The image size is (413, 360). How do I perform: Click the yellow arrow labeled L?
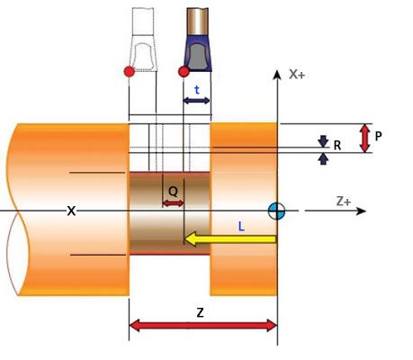pos(230,239)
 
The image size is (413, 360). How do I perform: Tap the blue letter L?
pos(241,227)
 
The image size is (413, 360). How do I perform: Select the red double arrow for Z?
pos(202,326)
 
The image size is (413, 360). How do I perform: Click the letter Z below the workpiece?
pos(200,313)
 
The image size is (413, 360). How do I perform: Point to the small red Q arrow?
pos(173,203)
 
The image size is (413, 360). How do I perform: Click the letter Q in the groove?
pos(173,191)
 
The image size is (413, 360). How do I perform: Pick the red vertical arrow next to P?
pos(364,139)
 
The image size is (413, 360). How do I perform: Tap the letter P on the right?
pos(378,136)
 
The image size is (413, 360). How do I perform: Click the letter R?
pos(337,146)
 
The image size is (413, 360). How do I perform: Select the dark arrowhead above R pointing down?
pos(323,141)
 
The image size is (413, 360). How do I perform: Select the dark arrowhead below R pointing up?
pos(323,158)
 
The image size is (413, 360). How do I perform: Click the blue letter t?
pos(197,90)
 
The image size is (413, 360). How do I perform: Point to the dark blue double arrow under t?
pos(196,101)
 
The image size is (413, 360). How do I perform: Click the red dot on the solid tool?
pos(184,72)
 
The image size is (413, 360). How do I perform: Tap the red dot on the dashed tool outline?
pos(130,72)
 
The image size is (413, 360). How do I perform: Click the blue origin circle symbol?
pos(276,211)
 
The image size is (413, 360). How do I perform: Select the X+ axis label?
pos(297,75)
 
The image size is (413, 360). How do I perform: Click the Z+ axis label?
pos(344,202)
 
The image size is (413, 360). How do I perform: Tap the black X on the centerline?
pos(71,211)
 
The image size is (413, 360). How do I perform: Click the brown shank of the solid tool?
pos(197,22)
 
